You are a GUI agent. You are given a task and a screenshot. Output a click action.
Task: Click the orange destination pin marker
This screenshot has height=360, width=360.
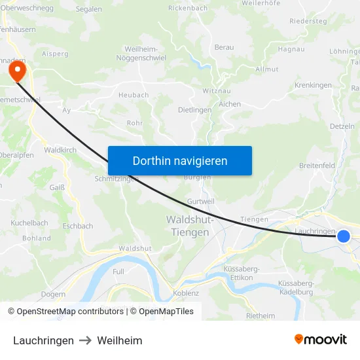tap(14, 69)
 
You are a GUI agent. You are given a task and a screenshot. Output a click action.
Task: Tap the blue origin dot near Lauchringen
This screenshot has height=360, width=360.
tap(344, 236)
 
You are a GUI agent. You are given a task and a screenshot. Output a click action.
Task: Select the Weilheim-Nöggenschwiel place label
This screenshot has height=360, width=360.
tap(145, 54)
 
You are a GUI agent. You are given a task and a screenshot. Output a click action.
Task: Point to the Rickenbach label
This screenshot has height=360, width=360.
tap(188, 8)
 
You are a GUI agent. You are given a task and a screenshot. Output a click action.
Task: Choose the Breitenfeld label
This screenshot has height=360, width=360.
tap(317, 166)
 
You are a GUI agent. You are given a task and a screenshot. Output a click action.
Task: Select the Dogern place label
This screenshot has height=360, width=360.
tap(53, 294)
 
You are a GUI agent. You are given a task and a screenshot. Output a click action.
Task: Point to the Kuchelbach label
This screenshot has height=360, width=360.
tap(29, 223)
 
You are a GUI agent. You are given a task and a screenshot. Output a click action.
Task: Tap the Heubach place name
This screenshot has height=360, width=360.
tap(134, 95)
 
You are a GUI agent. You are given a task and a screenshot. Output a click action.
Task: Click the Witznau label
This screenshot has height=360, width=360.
tap(216, 90)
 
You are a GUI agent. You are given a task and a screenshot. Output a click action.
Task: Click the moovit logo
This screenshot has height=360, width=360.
tap(321, 340)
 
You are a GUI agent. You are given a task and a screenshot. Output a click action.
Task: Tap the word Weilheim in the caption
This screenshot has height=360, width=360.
tap(120, 340)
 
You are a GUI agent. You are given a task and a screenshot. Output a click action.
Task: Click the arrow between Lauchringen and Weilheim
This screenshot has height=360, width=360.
tap(86, 340)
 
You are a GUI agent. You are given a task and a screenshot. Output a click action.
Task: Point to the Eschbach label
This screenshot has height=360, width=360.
tap(79, 226)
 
